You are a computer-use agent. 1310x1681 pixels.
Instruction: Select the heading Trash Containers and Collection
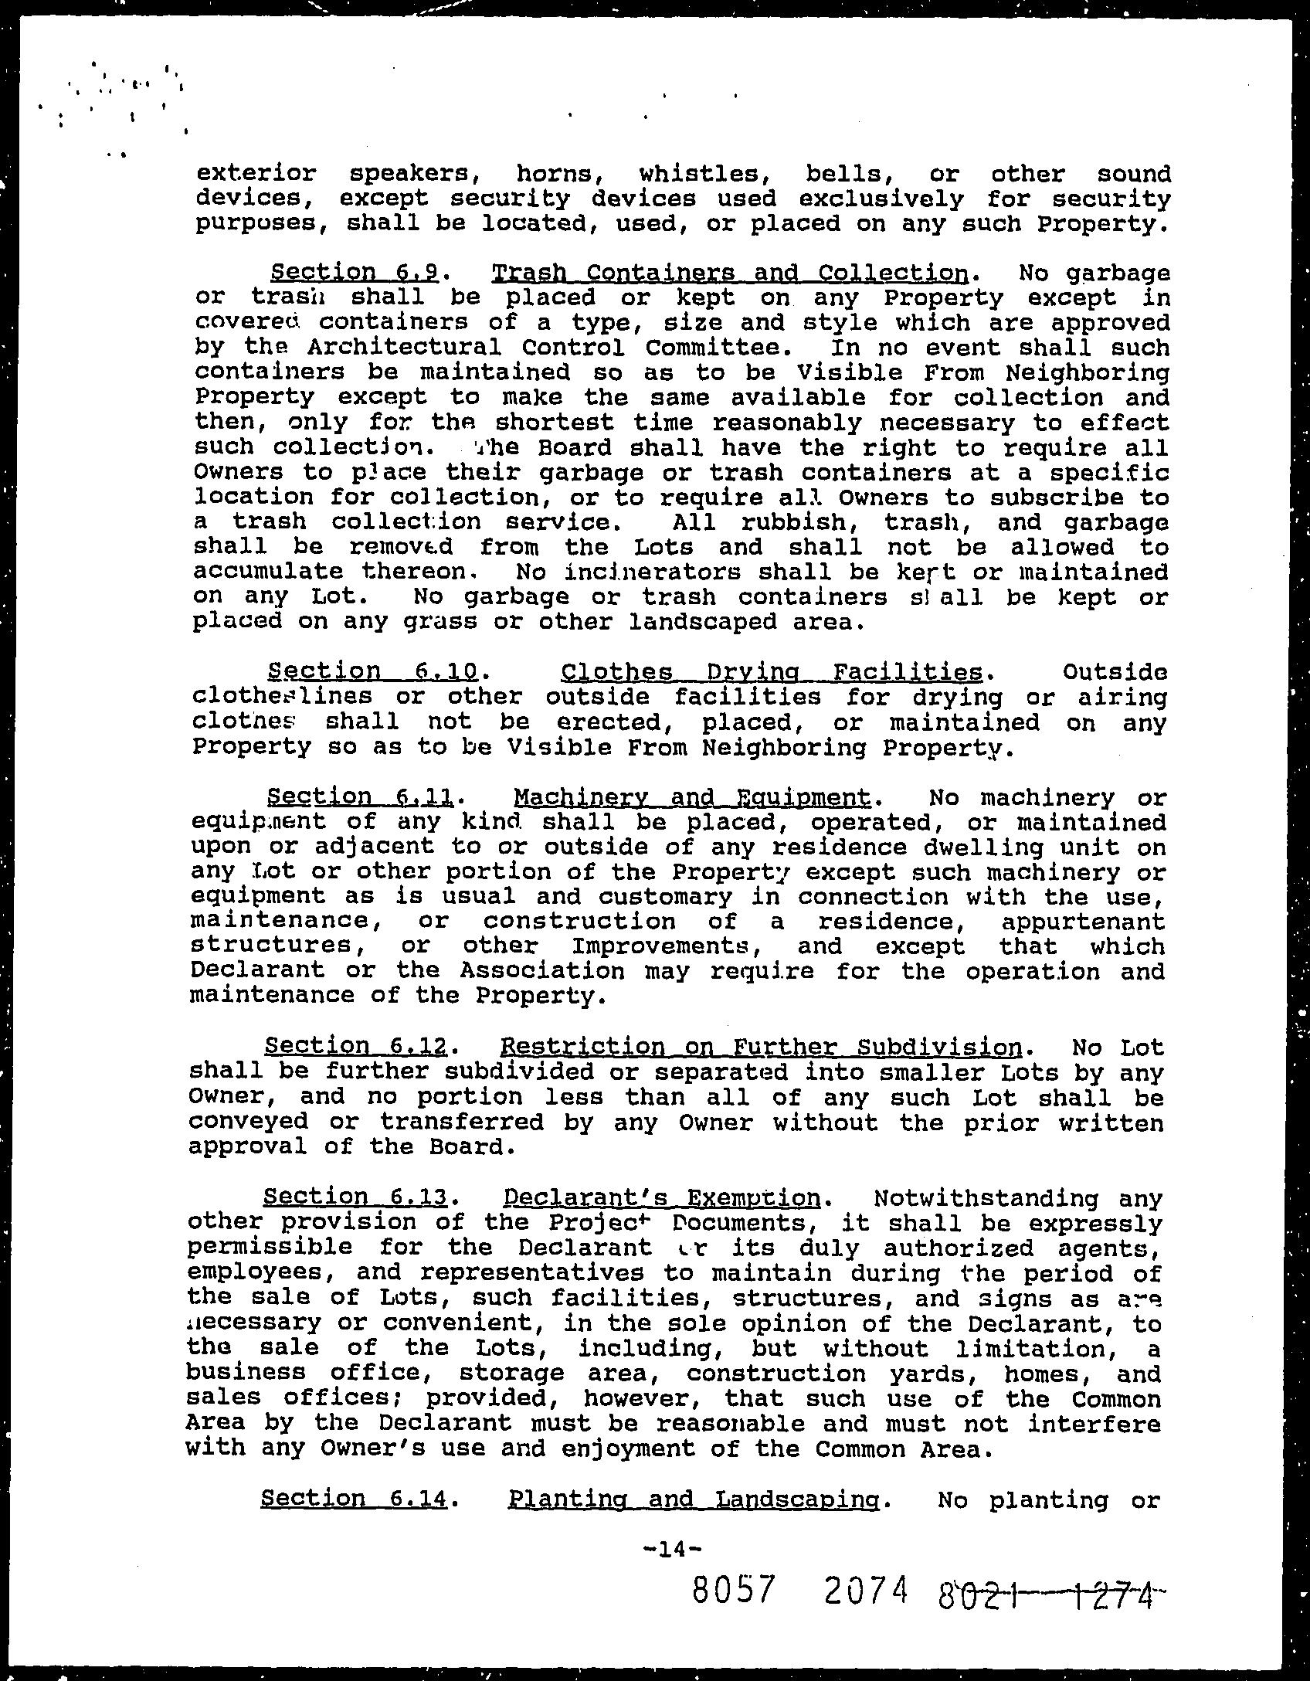[730, 273]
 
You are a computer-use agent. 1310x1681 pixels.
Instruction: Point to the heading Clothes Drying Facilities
[772, 671]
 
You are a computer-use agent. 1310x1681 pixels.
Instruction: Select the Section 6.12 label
[356, 1047]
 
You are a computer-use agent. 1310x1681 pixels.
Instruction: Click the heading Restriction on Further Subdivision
[762, 1047]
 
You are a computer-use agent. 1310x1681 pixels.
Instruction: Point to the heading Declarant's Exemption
[662, 1198]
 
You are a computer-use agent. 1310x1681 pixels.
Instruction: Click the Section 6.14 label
[355, 1499]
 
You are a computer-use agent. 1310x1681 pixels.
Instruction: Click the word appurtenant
[1083, 921]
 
